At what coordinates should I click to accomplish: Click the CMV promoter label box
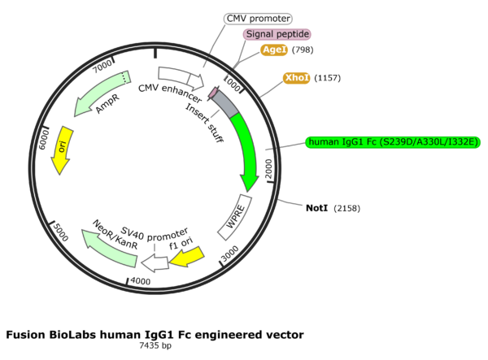(x=257, y=18)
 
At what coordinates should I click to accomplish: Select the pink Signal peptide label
(x=277, y=34)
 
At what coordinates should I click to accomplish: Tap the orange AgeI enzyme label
(x=274, y=50)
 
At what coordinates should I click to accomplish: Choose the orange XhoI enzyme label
(x=296, y=78)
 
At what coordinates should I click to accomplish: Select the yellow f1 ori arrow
(x=186, y=256)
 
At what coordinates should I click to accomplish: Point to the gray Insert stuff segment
(x=225, y=103)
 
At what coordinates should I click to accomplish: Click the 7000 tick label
(x=102, y=64)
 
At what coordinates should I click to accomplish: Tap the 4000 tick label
(x=141, y=280)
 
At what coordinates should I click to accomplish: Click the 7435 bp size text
(x=155, y=346)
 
